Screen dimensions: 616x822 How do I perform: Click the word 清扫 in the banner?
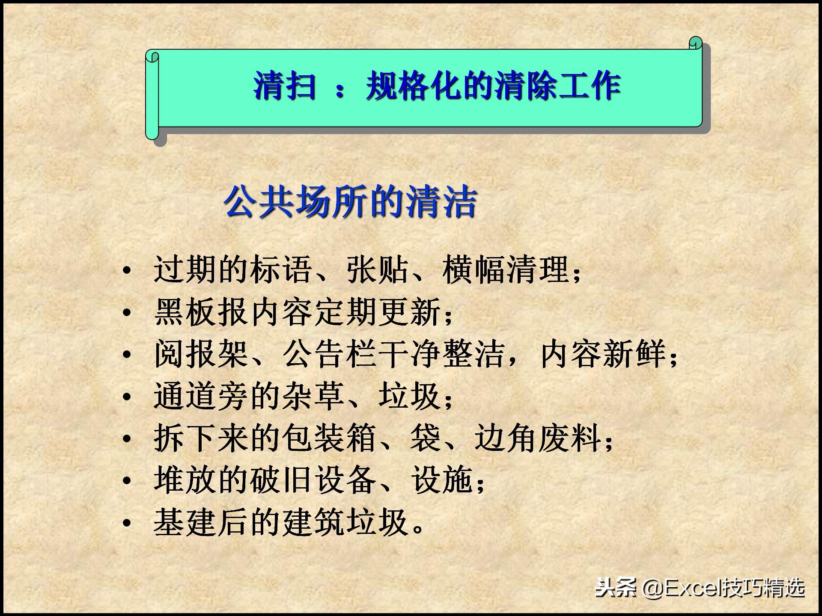tap(285, 86)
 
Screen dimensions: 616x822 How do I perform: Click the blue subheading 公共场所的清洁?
tap(350, 201)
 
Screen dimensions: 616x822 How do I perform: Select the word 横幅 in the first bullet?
tap(474, 269)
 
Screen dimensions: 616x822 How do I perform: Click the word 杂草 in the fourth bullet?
tap(313, 396)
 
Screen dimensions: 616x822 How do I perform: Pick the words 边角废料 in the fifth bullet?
tap(538, 438)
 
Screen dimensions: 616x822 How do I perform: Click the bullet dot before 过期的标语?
tap(127, 270)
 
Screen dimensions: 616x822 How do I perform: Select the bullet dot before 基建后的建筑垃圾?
tap(127, 523)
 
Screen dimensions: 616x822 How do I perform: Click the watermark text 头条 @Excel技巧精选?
tap(700, 588)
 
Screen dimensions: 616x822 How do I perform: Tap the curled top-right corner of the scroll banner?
tap(695, 43)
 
